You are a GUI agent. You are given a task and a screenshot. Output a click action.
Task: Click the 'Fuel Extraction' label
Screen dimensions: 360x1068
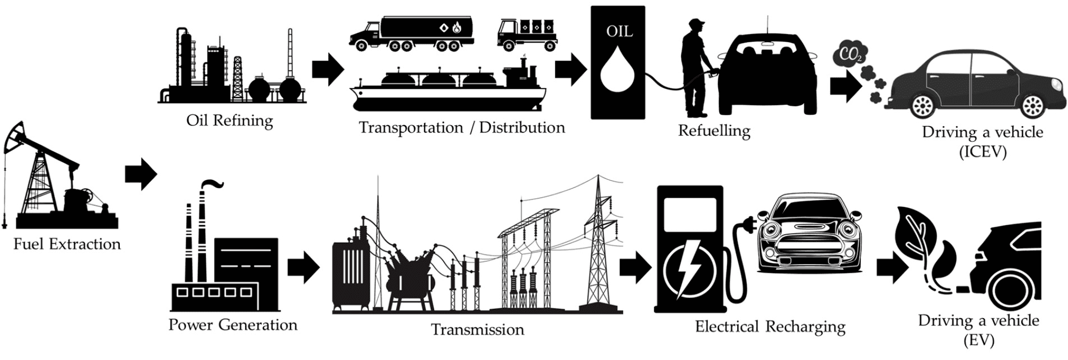(x=67, y=244)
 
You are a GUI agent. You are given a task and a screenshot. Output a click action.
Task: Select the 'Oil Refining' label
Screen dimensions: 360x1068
(x=229, y=121)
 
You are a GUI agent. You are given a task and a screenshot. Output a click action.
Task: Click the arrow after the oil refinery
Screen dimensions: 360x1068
(x=328, y=69)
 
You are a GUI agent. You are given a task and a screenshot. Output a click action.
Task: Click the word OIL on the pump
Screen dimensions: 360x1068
(x=619, y=32)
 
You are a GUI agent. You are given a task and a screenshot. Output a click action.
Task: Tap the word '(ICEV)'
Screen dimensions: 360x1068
(x=982, y=152)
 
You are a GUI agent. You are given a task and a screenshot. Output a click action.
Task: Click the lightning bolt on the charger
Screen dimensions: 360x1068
(x=688, y=268)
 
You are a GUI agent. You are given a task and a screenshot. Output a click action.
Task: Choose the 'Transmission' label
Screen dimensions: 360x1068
(x=477, y=330)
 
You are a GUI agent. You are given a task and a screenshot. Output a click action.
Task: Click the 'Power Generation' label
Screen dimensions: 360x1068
(x=233, y=325)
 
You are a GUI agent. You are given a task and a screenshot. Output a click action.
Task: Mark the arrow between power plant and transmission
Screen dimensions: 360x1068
(x=303, y=268)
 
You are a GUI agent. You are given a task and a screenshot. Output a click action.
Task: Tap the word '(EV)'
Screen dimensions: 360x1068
(x=978, y=340)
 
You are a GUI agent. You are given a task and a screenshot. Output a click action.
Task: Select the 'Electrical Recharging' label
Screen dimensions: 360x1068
(x=770, y=327)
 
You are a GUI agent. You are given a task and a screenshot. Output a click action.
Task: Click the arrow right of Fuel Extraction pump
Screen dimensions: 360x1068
(x=141, y=174)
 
